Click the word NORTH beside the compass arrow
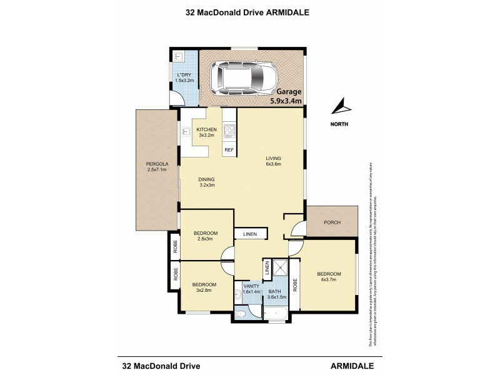(x=340, y=123)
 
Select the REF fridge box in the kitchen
(x=229, y=151)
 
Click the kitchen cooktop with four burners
(x=229, y=131)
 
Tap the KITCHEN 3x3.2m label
(x=206, y=132)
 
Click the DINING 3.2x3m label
(x=207, y=181)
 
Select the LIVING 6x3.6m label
(x=273, y=161)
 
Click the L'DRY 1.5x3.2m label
(x=185, y=78)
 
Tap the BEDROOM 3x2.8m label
(x=204, y=287)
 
